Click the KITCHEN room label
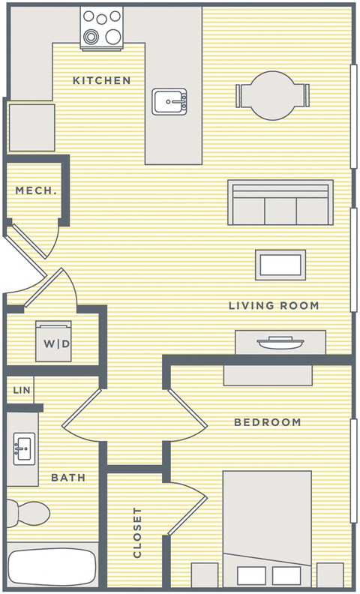coord(101,80)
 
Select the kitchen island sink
coord(169,101)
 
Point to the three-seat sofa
coord(280,202)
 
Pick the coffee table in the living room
coord(280,265)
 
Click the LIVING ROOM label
coord(274,305)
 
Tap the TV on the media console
coord(280,343)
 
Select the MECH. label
coord(36,190)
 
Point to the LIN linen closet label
coord(22,390)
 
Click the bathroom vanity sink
coord(23,449)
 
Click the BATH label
coord(67,477)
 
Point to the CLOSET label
coord(137,532)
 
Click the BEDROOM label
coord(267,422)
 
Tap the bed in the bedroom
coord(267,525)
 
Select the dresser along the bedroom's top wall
coord(267,375)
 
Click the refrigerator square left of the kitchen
coord(31,127)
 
